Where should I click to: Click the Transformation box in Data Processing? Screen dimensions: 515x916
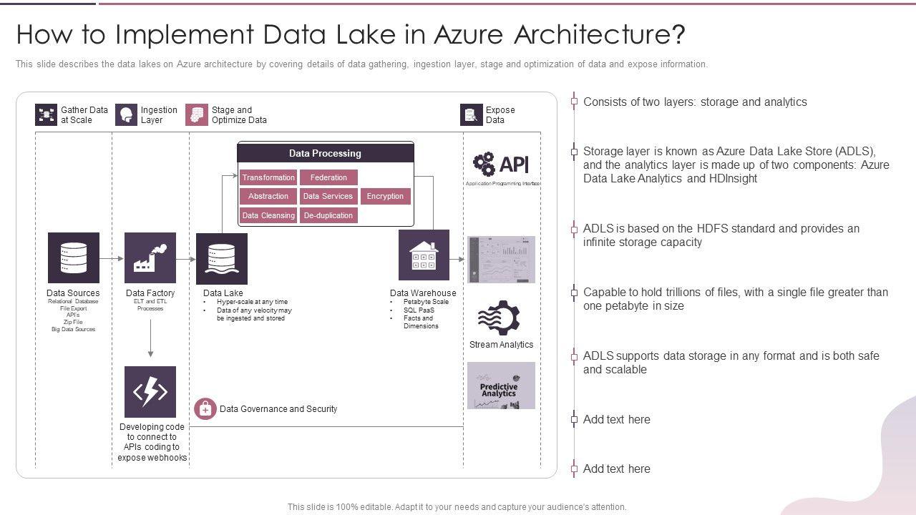pyautogui.click(x=268, y=177)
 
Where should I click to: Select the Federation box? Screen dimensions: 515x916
pyautogui.click(x=328, y=177)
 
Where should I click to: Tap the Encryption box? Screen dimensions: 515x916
pyautogui.click(x=385, y=196)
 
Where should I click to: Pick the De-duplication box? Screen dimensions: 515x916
pyautogui.click(x=328, y=215)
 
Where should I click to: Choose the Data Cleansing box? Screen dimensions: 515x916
pyautogui.click(x=268, y=215)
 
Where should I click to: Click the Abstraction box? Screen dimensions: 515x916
pyautogui.click(x=268, y=196)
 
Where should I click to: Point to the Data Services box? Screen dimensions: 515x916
pyautogui.click(x=328, y=196)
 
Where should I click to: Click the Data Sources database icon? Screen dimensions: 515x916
pyautogui.click(x=74, y=257)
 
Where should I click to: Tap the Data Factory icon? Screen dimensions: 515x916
pyautogui.click(x=150, y=257)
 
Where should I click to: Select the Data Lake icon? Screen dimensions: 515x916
pyautogui.click(x=222, y=258)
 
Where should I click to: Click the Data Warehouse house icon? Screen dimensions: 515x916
pyautogui.click(x=424, y=255)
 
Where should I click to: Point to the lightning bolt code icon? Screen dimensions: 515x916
pyautogui.click(x=150, y=392)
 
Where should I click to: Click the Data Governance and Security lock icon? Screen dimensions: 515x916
pyautogui.click(x=205, y=409)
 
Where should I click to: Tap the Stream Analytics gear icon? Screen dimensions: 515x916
pyautogui.click(x=498, y=318)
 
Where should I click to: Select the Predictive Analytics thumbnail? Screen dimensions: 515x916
pyautogui.click(x=501, y=386)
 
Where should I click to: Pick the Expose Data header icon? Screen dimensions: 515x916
pyautogui.click(x=471, y=115)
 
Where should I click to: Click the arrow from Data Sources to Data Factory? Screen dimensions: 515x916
pyautogui.click(x=112, y=258)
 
